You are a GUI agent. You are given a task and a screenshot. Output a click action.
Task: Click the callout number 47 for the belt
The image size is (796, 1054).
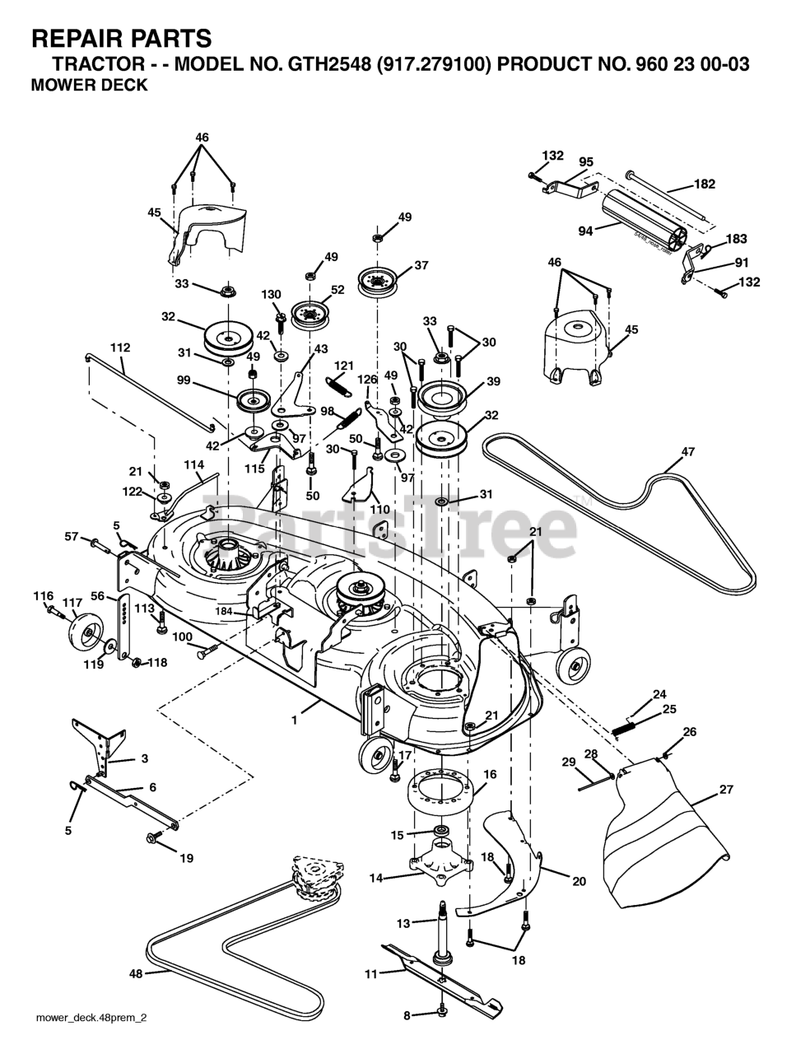688,452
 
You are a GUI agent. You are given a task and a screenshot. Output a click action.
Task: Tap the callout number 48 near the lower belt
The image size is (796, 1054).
136,973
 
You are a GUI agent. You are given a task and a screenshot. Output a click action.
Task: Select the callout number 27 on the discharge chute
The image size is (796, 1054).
725,789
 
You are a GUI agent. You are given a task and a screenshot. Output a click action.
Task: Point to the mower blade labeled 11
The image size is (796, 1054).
445,980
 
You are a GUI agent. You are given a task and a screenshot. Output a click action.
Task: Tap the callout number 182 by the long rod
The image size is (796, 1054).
705,184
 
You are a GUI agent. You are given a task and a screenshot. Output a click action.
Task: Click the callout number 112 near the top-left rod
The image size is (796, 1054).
120,348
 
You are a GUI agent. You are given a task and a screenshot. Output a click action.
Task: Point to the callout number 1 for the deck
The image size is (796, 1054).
294,719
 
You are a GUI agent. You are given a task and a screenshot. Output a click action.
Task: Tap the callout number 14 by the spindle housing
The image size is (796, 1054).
377,879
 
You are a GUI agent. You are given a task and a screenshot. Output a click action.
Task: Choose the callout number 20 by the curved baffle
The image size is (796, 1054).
579,881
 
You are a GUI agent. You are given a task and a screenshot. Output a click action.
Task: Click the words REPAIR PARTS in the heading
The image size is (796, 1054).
121,38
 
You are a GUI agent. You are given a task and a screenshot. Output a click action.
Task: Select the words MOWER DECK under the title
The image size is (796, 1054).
89,85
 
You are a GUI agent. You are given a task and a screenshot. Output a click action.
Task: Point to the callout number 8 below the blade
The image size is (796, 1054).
406,1015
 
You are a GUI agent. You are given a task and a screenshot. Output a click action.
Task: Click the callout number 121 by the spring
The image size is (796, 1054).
342,365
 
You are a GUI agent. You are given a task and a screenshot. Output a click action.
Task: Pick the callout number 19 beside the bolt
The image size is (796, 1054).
186,858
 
